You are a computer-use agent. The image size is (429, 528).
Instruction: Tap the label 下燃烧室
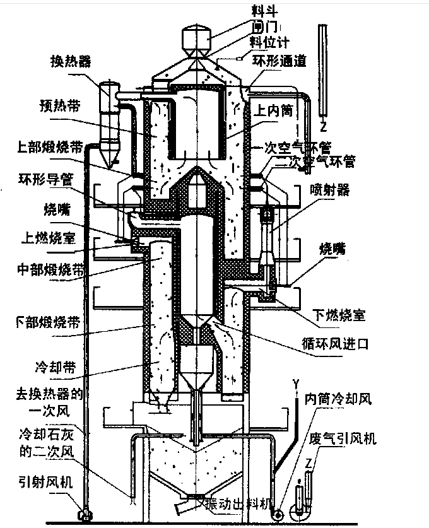[339, 314]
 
